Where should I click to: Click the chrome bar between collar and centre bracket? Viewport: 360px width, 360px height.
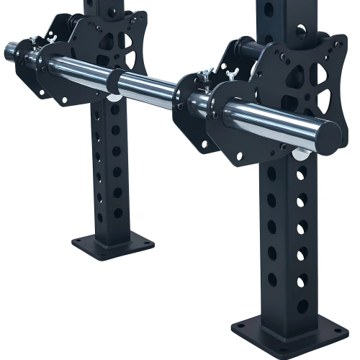(148, 89)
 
